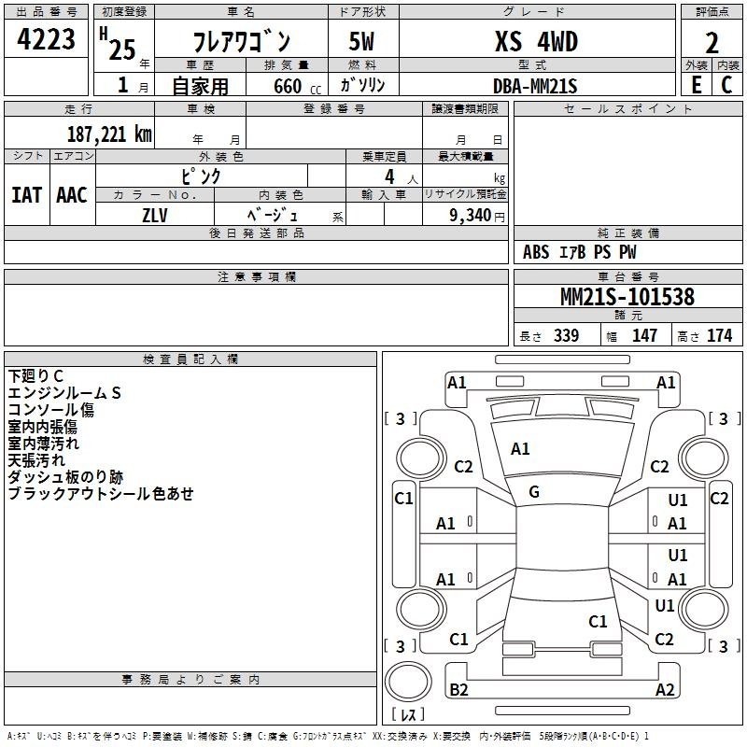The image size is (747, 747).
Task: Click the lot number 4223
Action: (x=46, y=39)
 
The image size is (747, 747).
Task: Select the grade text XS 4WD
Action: (x=536, y=41)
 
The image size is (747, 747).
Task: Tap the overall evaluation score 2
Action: (x=712, y=43)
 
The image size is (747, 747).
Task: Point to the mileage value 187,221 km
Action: (x=109, y=134)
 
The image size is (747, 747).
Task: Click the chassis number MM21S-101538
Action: (x=627, y=297)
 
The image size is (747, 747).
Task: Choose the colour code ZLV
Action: (x=155, y=216)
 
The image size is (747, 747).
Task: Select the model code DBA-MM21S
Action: (x=535, y=86)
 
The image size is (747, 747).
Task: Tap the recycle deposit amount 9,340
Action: (x=470, y=215)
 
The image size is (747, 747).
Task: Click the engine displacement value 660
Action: (x=288, y=86)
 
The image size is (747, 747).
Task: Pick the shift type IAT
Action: (x=26, y=195)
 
